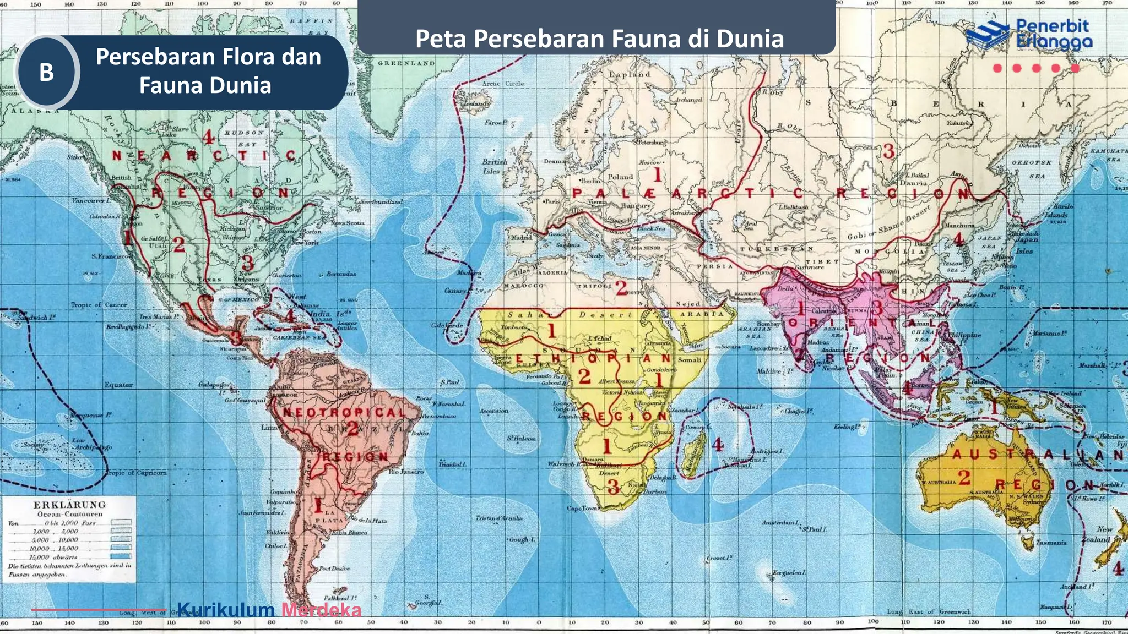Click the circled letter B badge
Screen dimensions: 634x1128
tap(47, 72)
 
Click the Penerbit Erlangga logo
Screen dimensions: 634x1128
tap(1029, 34)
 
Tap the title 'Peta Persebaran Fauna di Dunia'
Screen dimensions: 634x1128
tap(599, 39)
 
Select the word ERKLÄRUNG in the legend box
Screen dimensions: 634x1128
tap(69, 505)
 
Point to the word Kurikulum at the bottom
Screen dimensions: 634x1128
tap(226, 610)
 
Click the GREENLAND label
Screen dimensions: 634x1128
tap(406, 63)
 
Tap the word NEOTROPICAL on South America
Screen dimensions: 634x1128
tap(344, 412)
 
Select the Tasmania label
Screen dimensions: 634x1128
tap(1051, 543)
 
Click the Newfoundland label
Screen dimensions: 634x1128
tap(381, 202)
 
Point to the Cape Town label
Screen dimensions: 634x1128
tap(582, 508)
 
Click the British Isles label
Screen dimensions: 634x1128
tap(494, 166)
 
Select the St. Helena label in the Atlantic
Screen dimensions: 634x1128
tap(521, 439)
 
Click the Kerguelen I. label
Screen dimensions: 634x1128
tap(789, 573)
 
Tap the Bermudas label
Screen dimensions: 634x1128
tap(341, 274)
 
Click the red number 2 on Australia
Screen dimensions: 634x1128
tap(964, 477)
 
